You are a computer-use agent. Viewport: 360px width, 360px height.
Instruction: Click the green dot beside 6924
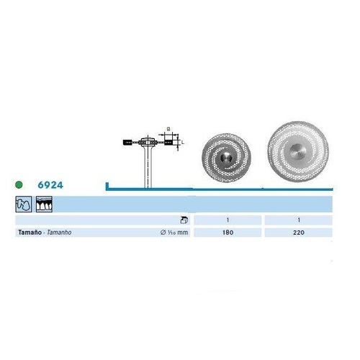click(x=19, y=185)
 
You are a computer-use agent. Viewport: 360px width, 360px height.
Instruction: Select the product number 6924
click(x=50, y=185)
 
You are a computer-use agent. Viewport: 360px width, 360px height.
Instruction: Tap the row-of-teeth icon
click(x=44, y=204)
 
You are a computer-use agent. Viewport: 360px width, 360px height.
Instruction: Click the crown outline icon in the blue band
click(x=24, y=204)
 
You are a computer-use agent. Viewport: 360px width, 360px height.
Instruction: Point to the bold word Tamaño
click(x=30, y=233)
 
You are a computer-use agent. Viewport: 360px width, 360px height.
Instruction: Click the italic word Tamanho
click(x=59, y=233)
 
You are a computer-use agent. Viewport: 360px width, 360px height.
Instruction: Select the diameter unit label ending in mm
click(x=174, y=233)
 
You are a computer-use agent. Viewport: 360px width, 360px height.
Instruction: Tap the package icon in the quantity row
click(x=184, y=220)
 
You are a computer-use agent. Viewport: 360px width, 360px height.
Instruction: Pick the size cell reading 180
click(x=228, y=233)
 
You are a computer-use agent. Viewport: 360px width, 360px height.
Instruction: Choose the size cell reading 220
click(x=299, y=233)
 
